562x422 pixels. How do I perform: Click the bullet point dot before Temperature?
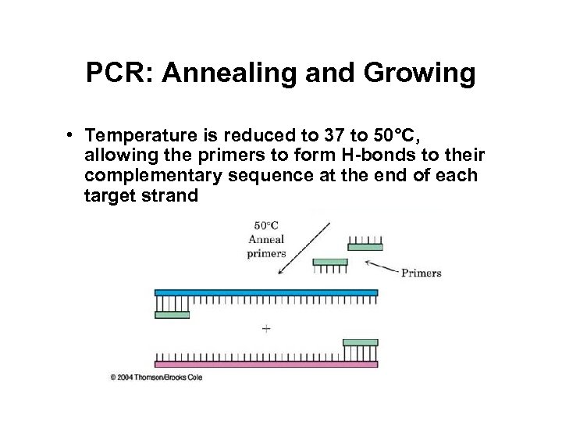(70, 134)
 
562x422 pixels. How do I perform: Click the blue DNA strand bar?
(266, 293)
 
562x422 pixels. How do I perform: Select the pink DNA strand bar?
(266, 363)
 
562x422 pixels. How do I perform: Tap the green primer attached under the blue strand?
(172, 315)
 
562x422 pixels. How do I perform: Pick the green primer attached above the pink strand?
(360, 342)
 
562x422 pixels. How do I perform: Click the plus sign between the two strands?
(266, 328)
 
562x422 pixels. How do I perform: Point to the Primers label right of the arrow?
(421, 274)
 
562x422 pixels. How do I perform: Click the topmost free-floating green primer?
(365, 247)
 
